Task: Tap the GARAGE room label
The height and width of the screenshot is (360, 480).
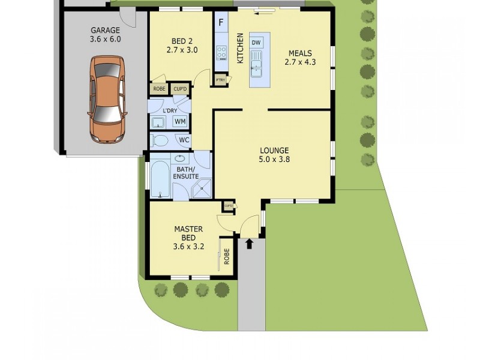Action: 105,30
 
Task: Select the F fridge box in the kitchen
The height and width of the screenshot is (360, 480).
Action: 221,23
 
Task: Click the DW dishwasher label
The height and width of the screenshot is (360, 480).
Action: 256,42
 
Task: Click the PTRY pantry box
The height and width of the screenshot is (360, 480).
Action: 220,80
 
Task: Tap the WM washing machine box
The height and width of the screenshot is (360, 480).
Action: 180,122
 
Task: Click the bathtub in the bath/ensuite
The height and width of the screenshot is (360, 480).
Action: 160,176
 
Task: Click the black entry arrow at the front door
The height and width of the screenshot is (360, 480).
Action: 250,244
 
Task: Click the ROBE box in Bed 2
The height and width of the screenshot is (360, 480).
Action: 159,89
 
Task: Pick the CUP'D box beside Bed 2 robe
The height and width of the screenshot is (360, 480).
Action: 180,89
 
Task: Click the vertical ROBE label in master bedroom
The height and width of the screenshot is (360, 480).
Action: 227,257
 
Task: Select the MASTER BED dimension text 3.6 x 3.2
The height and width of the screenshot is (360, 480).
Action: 188,246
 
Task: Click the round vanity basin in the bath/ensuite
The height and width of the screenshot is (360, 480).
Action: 180,160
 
